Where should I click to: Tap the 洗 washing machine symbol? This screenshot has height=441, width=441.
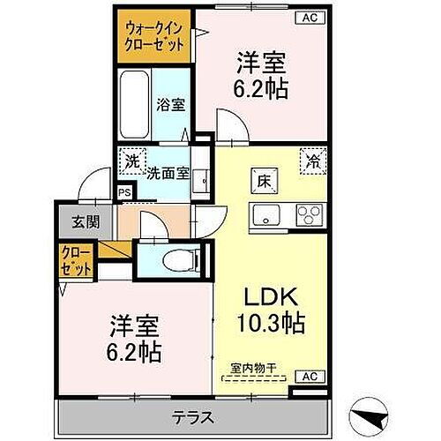[131, 162]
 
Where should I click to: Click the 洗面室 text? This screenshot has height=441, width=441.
[168, 174]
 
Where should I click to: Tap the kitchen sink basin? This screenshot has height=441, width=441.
[265, 214]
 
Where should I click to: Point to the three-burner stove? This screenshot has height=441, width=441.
[309, 214]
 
